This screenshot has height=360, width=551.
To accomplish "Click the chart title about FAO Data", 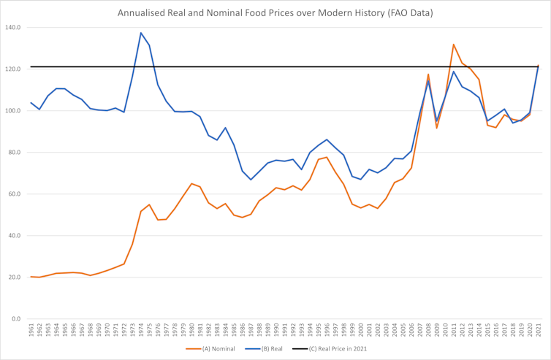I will (275, 12).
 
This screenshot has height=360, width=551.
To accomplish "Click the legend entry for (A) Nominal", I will (215, 349).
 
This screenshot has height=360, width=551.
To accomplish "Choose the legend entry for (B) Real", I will (268, 349).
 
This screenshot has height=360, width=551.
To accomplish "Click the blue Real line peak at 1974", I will (141, 33).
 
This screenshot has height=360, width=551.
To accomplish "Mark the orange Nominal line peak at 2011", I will (454, 45).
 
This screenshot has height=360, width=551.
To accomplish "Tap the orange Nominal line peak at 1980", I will (191, 184).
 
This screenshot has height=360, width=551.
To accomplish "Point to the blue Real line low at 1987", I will (251, 180).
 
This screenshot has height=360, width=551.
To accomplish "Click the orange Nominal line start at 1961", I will (31, 277).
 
